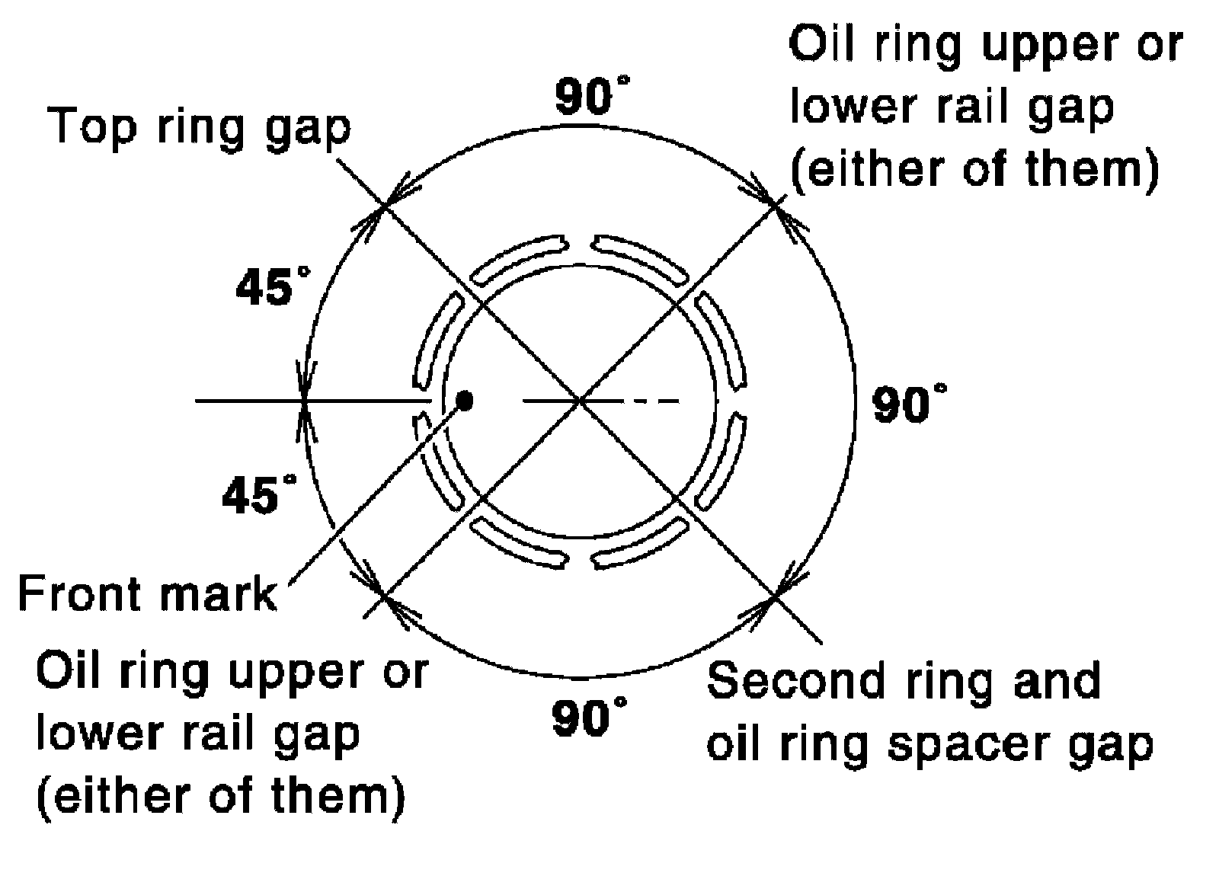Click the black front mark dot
(x=463, y=399)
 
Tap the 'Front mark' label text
(x=146, y=593)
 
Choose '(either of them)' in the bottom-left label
(x=221, y=797)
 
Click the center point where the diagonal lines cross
(x=581, y=399)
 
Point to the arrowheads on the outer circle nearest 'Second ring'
(x=775, y=595)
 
